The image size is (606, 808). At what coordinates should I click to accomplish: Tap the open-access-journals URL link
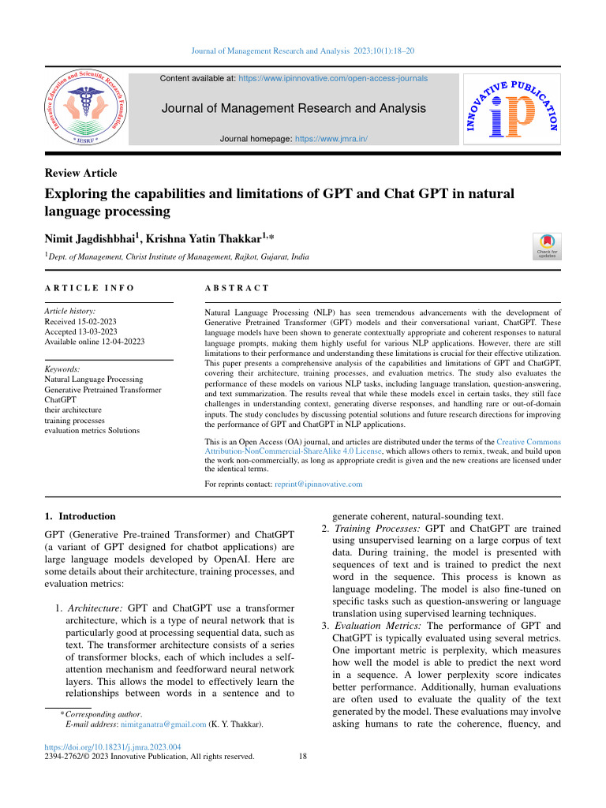click(333, 79)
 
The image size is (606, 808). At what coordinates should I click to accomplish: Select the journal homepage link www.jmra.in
click(331, 139)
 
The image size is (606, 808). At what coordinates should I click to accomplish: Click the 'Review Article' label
click(80, 173)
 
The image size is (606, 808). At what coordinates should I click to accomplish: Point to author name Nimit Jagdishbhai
click(91, 238)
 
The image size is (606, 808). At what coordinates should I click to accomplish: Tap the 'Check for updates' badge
click(547, 245)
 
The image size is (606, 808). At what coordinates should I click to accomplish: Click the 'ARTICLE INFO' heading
click(89, 289)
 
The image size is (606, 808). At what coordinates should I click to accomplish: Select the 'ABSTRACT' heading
click(237, 289)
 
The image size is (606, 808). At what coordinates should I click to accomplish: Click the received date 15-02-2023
click(99, 321)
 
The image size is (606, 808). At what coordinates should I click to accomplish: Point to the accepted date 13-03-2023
click(99, 331)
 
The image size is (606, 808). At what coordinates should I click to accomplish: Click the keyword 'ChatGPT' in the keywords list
click(63, 400)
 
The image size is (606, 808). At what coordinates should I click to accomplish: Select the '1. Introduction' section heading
click(81, 517)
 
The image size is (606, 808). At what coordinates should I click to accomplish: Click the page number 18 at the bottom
click(304, 757)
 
